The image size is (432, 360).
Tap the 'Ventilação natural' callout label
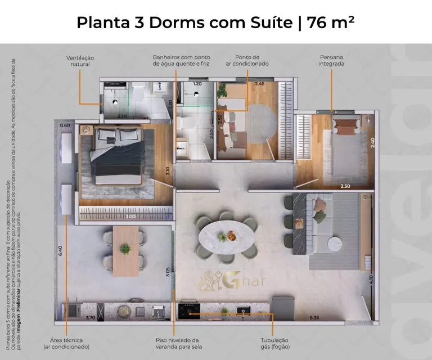click(80, 61)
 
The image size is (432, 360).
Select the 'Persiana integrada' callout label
click(332, 61)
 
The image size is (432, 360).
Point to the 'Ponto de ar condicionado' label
click(247, 61)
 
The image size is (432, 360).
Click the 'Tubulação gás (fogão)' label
click(274, 343)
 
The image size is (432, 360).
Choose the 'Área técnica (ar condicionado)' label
click(66, 343)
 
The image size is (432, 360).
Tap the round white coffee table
click(336, 244)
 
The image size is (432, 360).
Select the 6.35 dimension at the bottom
click(314, 318)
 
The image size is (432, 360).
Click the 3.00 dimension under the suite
click(130, 217)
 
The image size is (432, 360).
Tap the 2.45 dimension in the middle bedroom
click(259, 84)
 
